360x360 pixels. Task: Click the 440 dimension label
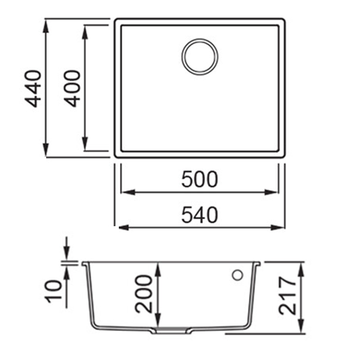point(34,88)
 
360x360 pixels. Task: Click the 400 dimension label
point(73,88)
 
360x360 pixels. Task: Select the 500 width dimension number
point(199,179)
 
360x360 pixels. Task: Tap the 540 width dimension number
point(199,214)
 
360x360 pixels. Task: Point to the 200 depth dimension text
point(143,294)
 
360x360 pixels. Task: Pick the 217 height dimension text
point(287,297)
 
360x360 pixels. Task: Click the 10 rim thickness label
point(55,291)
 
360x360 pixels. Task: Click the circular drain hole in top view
point(200,57)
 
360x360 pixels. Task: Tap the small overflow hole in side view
point(236,275)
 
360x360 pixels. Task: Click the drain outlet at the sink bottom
point(173,331)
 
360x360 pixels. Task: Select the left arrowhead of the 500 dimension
point(126,193)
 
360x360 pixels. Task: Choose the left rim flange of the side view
point(86,263)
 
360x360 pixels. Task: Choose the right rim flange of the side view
point(259,263)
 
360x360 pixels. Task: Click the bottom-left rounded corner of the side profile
point(98,326)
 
